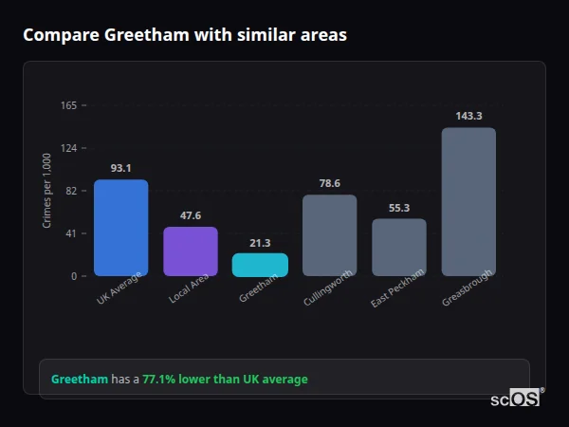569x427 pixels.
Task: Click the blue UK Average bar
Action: pyautogui.click(x=120, y=228)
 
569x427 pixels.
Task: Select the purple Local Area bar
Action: pyautogui.click(x=191, y=251)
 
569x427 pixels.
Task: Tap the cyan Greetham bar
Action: pyautogui.click(x=260, y=265)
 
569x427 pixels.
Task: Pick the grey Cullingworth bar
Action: pyautogui.click(x=329, y=235)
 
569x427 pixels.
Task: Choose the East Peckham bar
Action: pyautogui.click(x=399, y=248)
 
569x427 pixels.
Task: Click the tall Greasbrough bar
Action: pyautogui.click(x=468, y=202)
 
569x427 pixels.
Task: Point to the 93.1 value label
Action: pyautogui.click(x=120, y=168)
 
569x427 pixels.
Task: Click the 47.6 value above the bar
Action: pyautogui.click(x=191, y=215)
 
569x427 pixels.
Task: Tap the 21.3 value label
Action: pyautogui.click(x=260, y=243)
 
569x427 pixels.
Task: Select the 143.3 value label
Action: pyautogui.click(x=468, y=116)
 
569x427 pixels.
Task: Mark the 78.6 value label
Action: pyautogui.click(x=329, y=183)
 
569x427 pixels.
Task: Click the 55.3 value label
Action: pyautogui.click(x=399, y=208)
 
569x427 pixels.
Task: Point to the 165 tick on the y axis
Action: pyautogui.click(x=68, y=105)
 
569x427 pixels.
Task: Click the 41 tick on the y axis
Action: pyautogui.click(x=71, y=233)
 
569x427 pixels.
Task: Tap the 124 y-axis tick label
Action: pyautogui.click(x=68, y=148)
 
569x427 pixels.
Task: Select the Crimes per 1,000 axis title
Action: pyautogui.click(x=46, y=191)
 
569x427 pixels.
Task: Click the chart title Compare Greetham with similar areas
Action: pyautogui.click(x=185, y=35)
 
